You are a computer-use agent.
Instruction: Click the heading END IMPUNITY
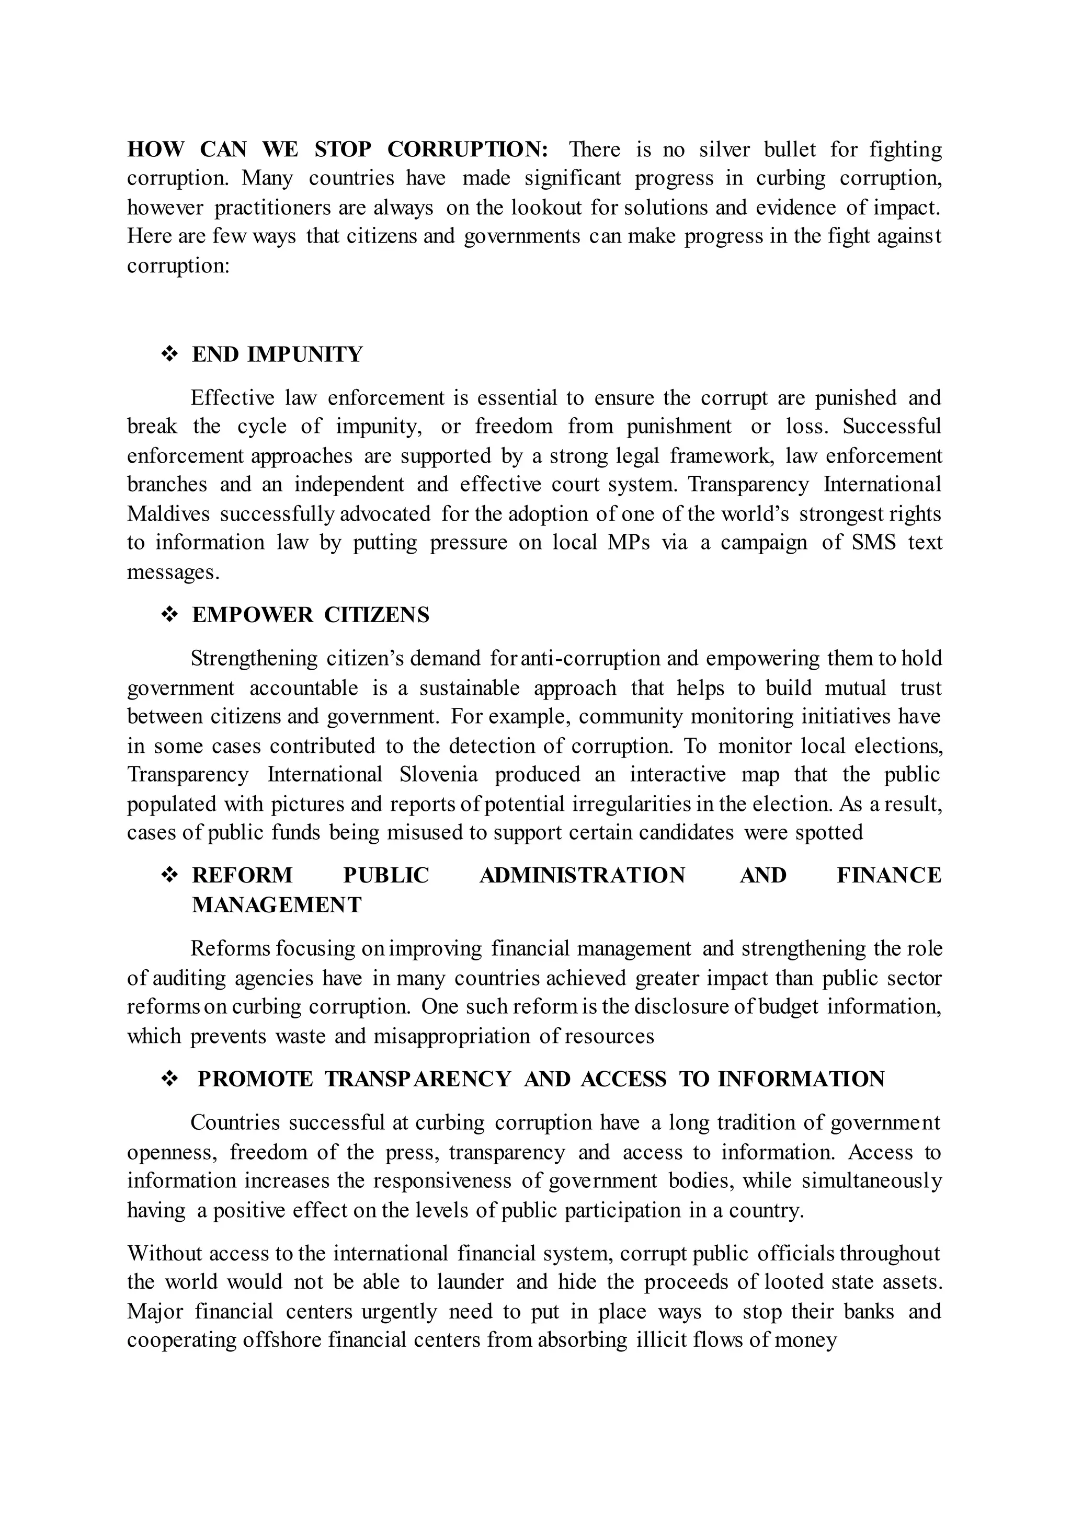coord(277,355)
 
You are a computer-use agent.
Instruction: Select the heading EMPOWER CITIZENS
coord(310,615)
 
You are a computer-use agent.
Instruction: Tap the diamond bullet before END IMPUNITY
coord(169,355)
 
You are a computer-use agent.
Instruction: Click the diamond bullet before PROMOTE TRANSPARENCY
coord(169,1080)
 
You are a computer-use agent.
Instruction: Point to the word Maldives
coord(168,514)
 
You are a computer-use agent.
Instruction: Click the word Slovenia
coord(438,774)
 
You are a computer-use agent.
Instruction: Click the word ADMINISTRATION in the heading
coord(583,876)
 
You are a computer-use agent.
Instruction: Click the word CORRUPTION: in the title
coord(468,150)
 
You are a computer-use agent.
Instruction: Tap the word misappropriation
coord(451,1037)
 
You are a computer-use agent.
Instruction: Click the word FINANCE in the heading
coord(889,876)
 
